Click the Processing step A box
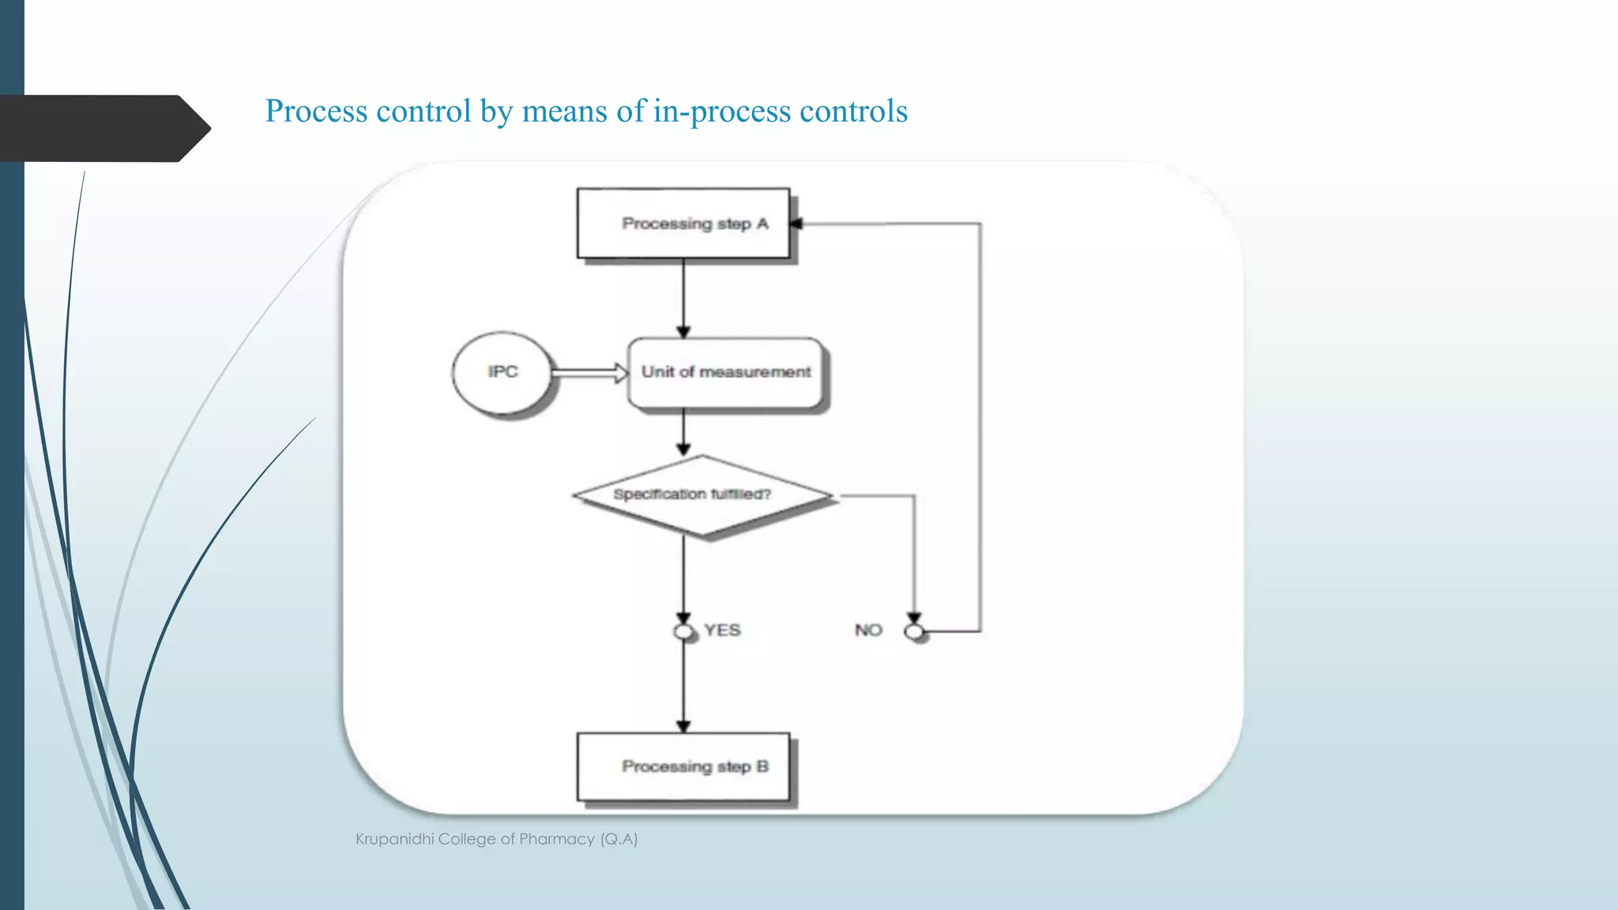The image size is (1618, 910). coord(683,223)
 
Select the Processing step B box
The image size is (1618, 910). coord(683,766)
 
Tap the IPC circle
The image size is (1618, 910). coord(502,372)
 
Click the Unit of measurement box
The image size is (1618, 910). coord(725,372)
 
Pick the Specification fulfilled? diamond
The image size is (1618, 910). coord(702,495)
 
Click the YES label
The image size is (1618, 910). coord(722,630)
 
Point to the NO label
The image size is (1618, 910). coord(868,630)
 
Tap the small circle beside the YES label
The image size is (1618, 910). coord(683,632)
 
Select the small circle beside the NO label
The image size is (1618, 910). coord(914,632)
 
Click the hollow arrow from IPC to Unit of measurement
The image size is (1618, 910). coord(589,372)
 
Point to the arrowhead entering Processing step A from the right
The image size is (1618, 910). coord(796,224)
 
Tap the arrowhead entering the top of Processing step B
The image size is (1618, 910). coord(683,726)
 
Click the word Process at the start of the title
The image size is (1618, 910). coord(317,111)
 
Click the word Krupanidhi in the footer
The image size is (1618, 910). coord(394,839)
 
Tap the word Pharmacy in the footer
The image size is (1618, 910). coord(556,839)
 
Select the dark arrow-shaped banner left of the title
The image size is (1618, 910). coord(103,128)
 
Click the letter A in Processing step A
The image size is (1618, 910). coord(762,224)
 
